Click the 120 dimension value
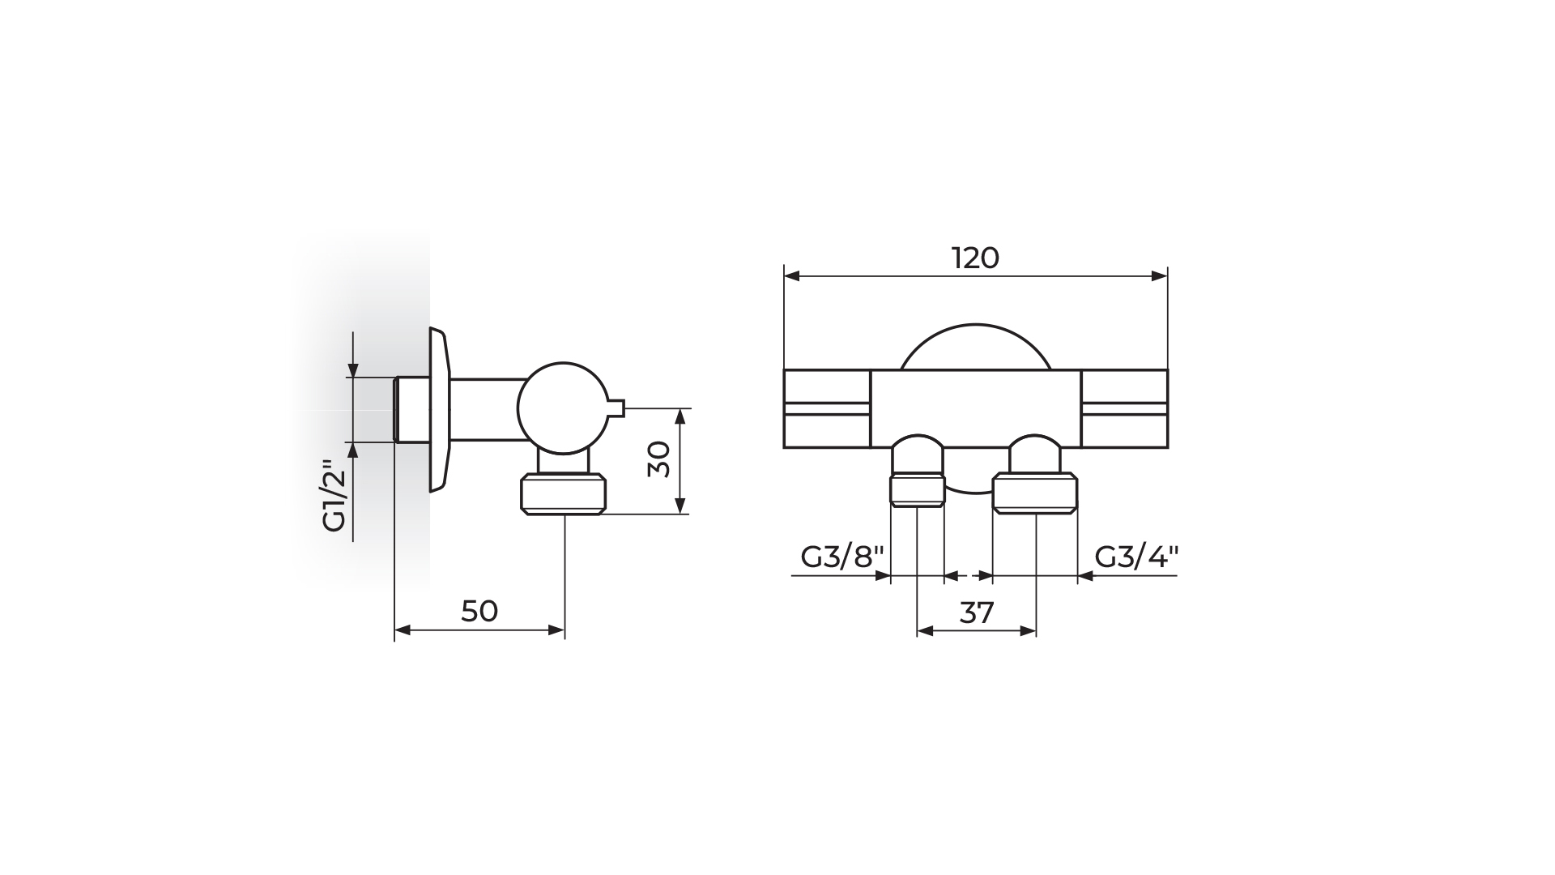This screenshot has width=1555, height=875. pyautogui.click(x=975, y=258)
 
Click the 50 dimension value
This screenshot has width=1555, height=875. pyautogui.click(x=479, y=611)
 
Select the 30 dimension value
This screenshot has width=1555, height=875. pyautogui.click(x=660, y=459)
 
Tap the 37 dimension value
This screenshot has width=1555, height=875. pyautogui.click(x=977, y=612)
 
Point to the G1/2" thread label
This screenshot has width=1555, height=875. pyautogui.click(x=334, y=496)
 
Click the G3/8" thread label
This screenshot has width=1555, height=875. pyautogui.click(x=842, y=557)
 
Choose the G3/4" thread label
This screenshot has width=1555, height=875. pyautogui.click(x=1137, y=557)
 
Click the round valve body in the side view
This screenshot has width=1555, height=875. pyautogui.click(x=561, y=408)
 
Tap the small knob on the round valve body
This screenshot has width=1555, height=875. pyautogui.click(x=615, y=408)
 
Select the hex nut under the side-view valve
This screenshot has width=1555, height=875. pyautogui.click(x=564, y=494)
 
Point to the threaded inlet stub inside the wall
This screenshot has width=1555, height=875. pyautogui.click(x=411, y=409)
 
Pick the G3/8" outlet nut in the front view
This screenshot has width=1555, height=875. pyautogui.click(x=918, y=491)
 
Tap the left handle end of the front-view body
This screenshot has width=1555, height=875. pyautogui.click(x=827, y=408)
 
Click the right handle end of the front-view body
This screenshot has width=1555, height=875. pyautogui.click(x=1124, y=408)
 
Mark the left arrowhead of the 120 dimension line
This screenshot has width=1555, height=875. pyautogui.click(x=792, y=276)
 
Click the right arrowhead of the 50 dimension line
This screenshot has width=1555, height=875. pyautogui.click(x=556, y=630)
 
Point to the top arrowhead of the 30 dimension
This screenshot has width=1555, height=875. pyautogui.click(x=680, y=416)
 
